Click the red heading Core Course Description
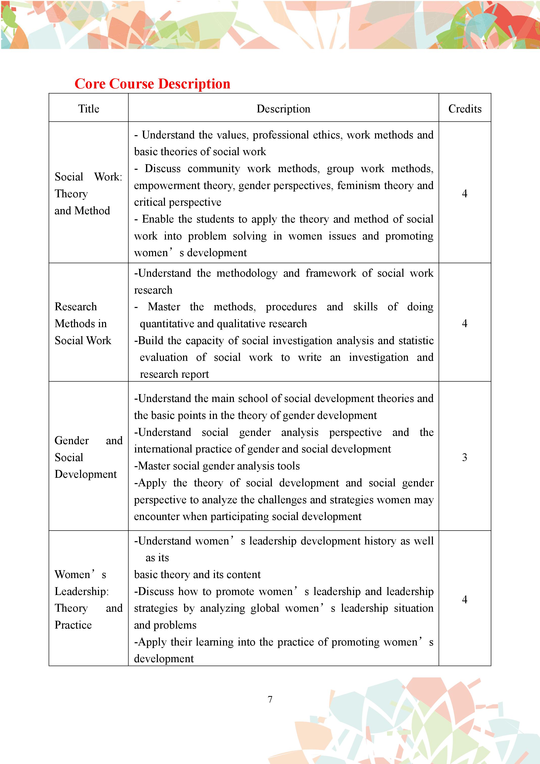152,84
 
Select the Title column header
88,109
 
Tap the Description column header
283,109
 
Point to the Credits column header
464,109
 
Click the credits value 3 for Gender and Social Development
464,457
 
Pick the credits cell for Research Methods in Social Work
464,323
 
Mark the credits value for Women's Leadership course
464,600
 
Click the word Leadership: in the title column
82,591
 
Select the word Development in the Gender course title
86,474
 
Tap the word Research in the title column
76,306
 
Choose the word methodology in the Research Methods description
247,273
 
